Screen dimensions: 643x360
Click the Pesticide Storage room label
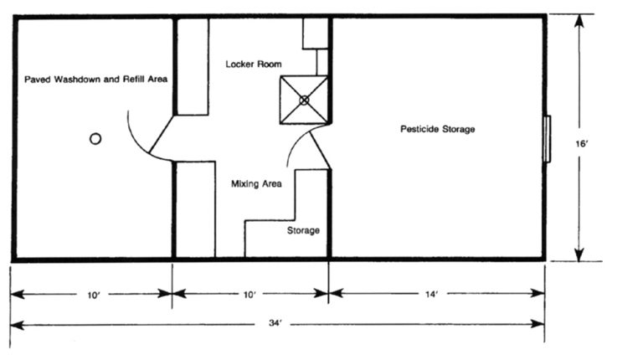438,129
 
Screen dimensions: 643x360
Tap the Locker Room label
254,64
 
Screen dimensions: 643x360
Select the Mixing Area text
256,183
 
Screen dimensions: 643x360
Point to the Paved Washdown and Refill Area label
96,80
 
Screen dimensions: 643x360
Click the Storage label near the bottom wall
303,230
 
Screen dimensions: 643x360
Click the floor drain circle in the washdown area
95,139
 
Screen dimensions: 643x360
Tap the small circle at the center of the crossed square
304,100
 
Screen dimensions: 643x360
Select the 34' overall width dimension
275,323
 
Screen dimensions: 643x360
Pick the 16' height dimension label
582,144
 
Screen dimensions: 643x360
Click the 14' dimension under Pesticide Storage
431,294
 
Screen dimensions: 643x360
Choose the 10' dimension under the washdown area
94,295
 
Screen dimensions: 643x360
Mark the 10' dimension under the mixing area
249,295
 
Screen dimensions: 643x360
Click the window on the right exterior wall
547,139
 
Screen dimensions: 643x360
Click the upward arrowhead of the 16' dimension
579,21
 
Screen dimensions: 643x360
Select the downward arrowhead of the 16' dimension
579,255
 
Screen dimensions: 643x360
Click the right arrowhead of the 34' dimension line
538,324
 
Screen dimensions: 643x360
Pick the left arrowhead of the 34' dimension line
18,326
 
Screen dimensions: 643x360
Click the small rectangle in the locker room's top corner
316,33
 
